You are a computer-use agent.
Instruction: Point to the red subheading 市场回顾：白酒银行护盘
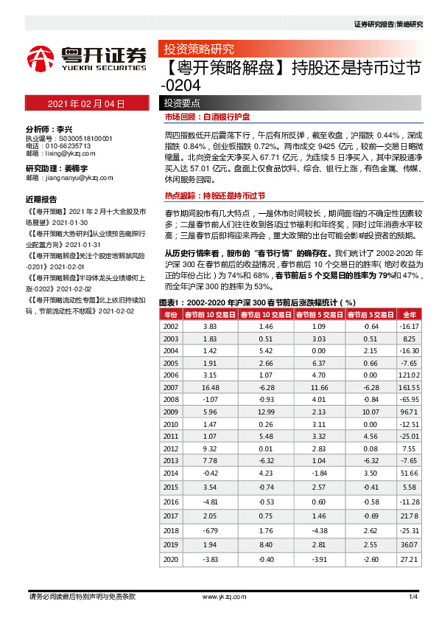208,117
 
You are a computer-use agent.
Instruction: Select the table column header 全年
410,314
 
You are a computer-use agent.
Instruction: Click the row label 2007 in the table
170,386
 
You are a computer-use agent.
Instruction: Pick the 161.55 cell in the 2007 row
410,386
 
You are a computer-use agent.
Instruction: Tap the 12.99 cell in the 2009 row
267,411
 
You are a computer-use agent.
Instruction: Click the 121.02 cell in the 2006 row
410,375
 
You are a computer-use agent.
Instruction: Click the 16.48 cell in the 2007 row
211,386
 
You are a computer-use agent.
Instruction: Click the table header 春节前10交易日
211,314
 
